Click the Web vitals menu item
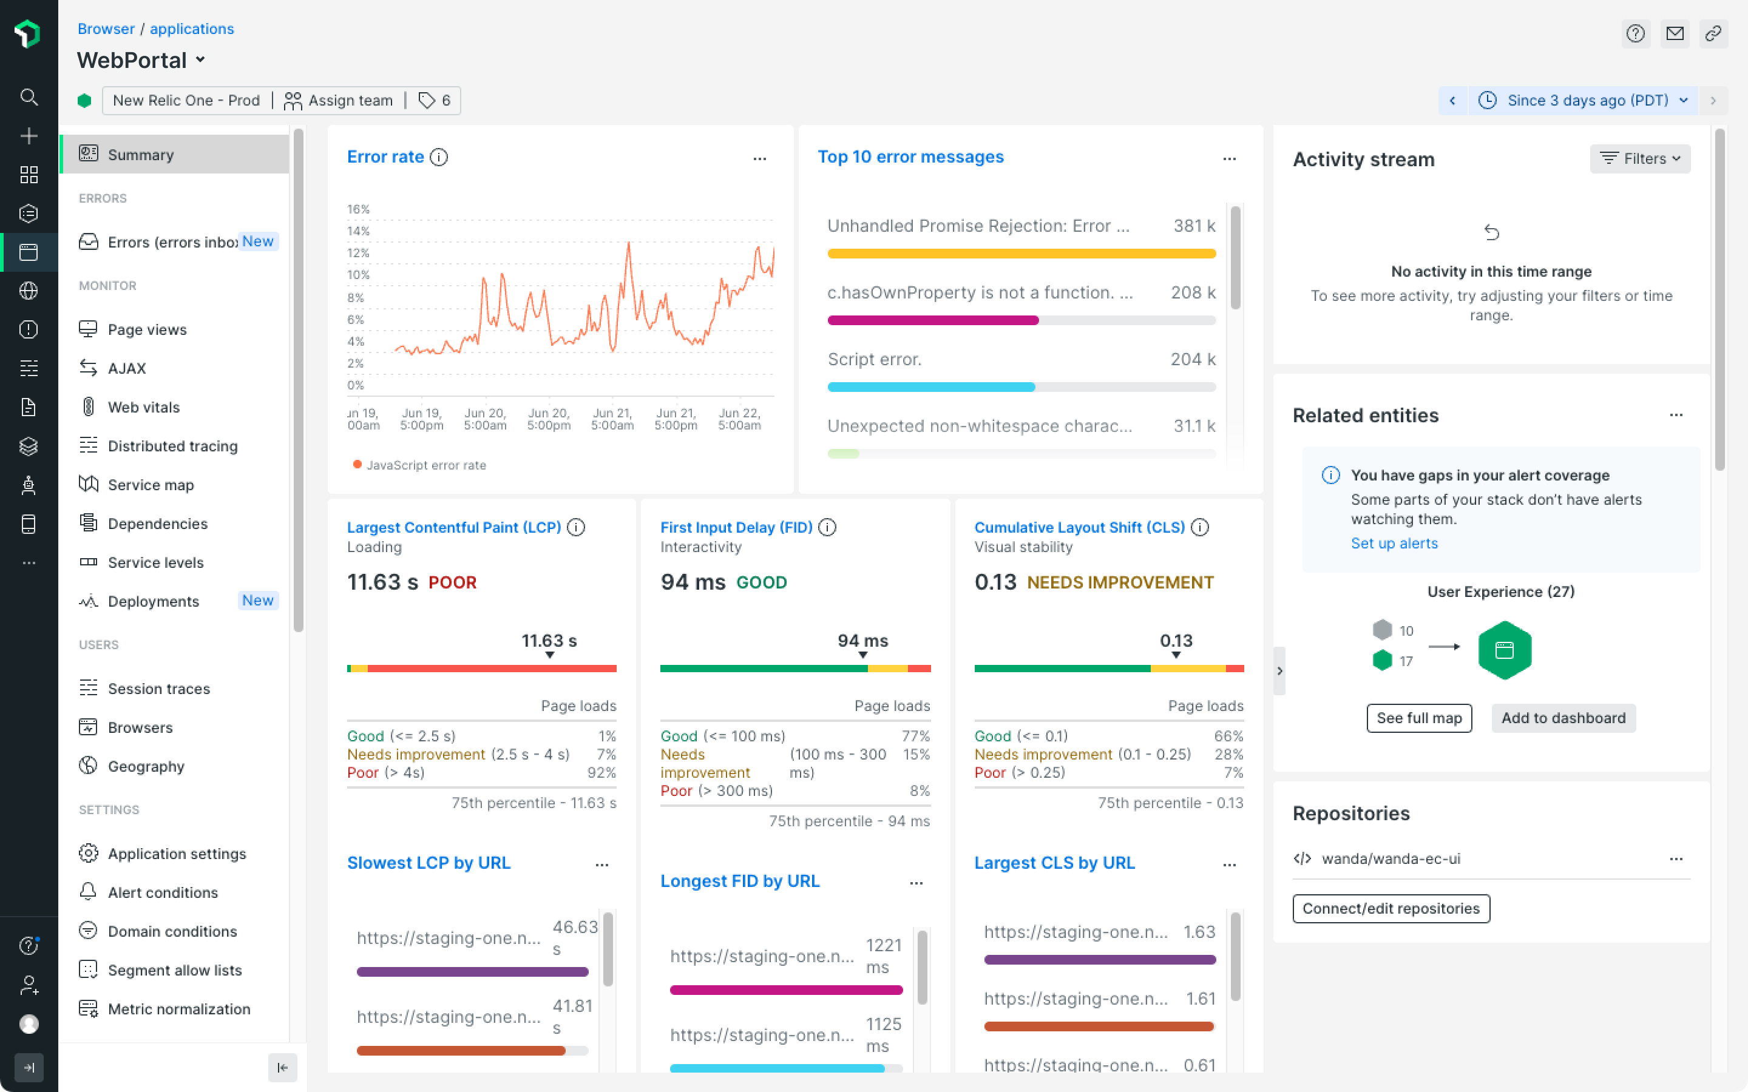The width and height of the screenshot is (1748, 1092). pyautogui.click(x=144, y=406)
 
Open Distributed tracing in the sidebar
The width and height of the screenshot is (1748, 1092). pyautogui.click(x=172, y=446)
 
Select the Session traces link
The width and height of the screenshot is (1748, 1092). pyautogui.click(x=159, y=689)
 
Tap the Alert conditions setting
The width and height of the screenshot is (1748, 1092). pyautogui.click(x=163, y=892)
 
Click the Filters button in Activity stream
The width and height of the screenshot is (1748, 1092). pyautogui.click(x=1639, y=158)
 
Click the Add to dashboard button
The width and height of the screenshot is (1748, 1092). pyautogui.click(x=1563, y=718)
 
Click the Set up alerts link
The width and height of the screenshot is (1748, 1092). pyautogui.click(x=1394, y=543)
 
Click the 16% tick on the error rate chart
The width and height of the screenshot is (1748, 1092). pyautogui.click(x=358, y=209)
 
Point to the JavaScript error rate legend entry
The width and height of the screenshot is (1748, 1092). pyautogui.click(x=419, y=465)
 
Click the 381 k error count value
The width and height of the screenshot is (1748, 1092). pyautogui.click(x=1194, y=226)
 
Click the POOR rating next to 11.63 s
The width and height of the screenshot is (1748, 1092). pyautogui.click(x=452, y=582)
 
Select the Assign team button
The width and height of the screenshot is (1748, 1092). pyautogui.click(x=338, y=100)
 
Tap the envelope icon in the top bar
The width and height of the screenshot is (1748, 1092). pyautogui.click(x=1675, y=33)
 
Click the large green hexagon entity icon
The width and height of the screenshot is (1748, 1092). pyautogui.click(x=1505, y=650)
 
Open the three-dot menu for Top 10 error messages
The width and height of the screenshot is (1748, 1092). pyautogui.click(x=1230, y=158)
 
